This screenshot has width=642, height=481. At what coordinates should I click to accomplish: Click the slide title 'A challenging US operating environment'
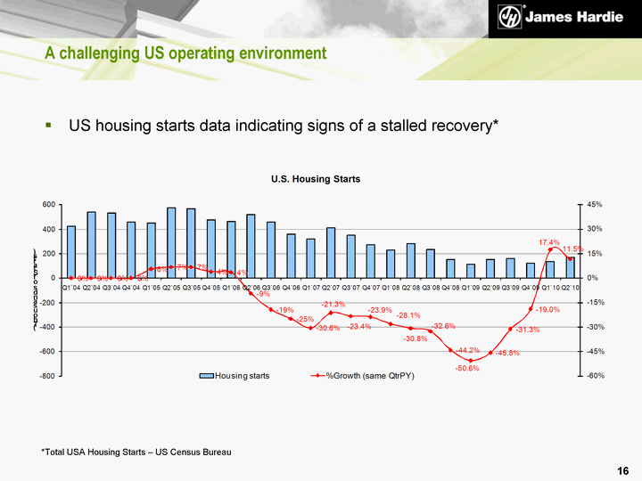(x=185, y=54)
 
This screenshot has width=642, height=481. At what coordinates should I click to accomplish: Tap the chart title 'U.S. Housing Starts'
(x=316, y=179)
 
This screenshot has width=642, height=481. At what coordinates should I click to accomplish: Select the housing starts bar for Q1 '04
(x=71, y=252)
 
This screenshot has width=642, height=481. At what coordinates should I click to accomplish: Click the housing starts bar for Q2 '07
(x=331, y=253)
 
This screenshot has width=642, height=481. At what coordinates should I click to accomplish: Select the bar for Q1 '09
(x=471, y=271)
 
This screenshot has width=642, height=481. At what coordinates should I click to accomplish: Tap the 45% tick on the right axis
(x=595, y=205)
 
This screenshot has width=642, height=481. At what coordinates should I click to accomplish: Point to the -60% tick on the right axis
(x=596, y=376)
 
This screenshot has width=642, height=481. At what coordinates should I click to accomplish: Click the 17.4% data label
(x=549, y=242)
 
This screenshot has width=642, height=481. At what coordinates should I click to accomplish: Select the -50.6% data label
(x=467, y=368)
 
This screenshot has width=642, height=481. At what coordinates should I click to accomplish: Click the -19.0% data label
(x=547, y=309)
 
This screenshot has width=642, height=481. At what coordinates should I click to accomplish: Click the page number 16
(x=622, y=469)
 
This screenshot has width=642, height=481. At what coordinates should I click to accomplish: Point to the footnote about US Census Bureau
(x=136, y=452)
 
